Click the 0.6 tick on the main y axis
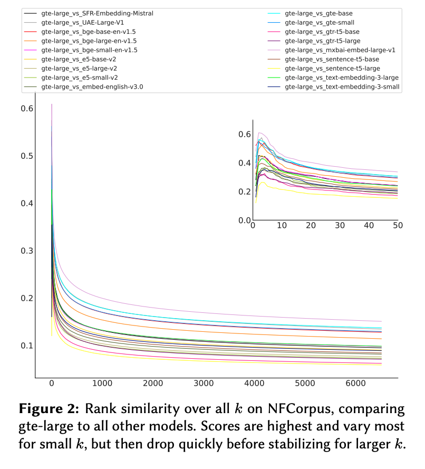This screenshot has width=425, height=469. (27, 109)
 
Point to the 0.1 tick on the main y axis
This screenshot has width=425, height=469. (27, 346)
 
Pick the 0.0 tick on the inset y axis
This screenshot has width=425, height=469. (245, 221)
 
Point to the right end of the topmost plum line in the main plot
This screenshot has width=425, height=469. (381, 321)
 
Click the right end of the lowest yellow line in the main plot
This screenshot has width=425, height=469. (381, 365)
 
